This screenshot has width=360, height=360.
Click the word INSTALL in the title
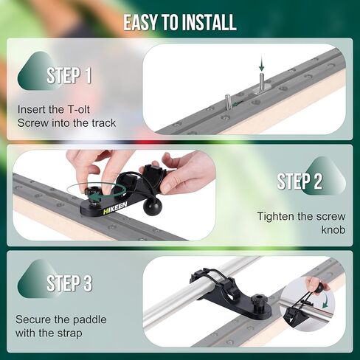point(210,22)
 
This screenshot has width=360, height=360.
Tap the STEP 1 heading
point(69,75)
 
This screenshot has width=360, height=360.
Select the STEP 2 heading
point(300,181)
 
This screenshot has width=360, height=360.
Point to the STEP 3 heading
point(69,283)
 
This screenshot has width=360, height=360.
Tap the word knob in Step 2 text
point(333,230)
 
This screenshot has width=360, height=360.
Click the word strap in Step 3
point(69,333)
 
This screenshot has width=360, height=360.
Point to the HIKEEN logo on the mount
point(115,208)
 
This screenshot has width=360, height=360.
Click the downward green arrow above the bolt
point(261,63)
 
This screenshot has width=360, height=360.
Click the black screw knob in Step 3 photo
point(257,302)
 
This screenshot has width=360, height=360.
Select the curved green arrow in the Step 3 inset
point(327,299)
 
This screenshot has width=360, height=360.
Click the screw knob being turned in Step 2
point(91,192)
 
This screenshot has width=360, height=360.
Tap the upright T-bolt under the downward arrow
point(262,83)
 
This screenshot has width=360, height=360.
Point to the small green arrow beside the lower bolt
point(238,103)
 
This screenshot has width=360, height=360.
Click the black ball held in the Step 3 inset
point(319,288)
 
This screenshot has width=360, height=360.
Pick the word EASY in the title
point(140,22)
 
